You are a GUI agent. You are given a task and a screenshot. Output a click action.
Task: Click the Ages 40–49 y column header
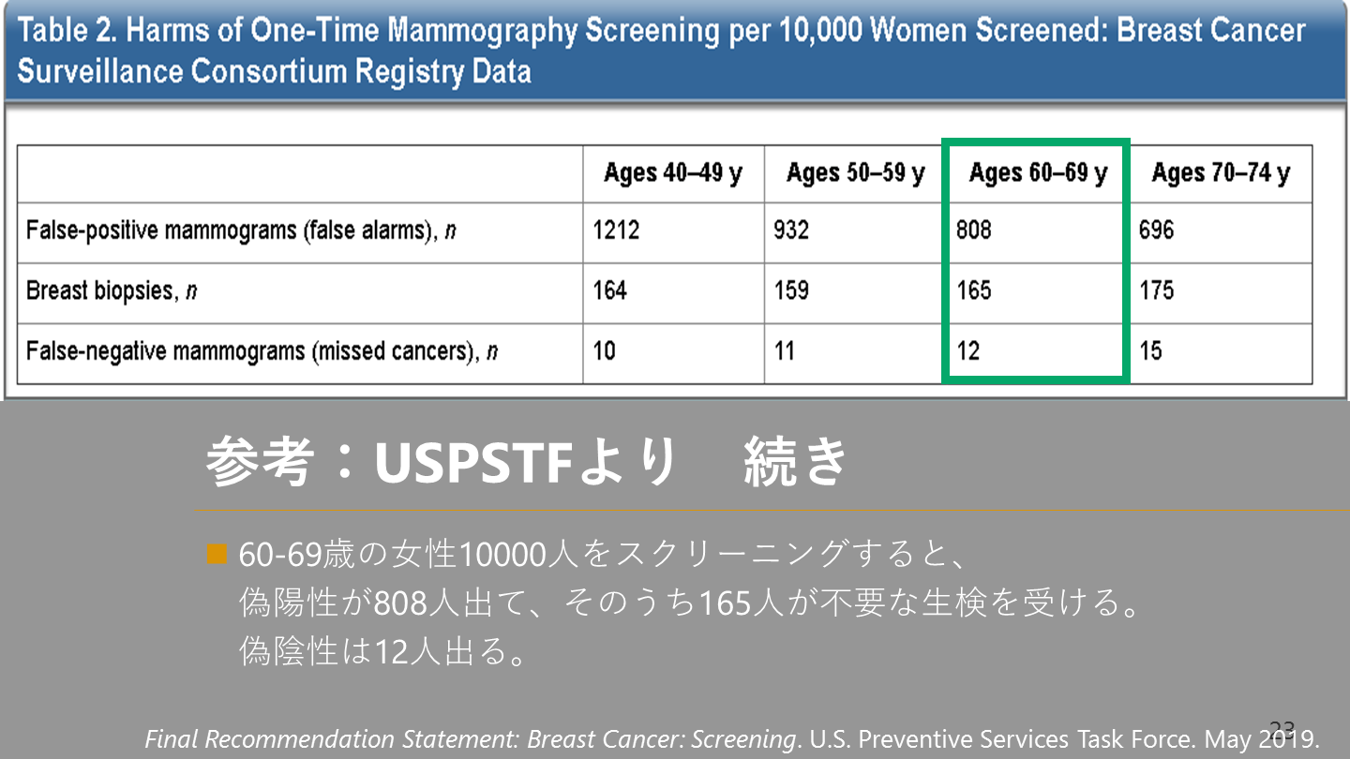coord(672,173)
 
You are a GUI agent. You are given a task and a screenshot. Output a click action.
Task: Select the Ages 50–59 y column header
coord(855,173)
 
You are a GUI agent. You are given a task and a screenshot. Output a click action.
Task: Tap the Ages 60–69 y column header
coord(1038,173)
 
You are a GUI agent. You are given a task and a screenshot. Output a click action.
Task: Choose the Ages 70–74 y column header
coord(1221,173)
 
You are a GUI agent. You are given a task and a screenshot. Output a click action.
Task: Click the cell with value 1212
coord(615,231)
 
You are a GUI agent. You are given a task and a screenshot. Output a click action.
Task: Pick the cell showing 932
coord(790,231)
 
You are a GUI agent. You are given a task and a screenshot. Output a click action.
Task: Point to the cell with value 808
coord(973,231)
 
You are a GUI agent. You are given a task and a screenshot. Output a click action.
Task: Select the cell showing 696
coord(1156,231)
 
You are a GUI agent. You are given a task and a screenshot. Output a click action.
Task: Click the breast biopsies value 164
coord(609,290)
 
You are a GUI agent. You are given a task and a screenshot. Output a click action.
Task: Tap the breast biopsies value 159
coord(791,290)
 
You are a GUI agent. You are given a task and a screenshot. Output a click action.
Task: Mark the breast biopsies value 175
coord(1156,290)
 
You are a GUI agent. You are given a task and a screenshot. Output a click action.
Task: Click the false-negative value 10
coord(604,350)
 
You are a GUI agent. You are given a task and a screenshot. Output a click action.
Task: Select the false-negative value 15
coord(1150,350)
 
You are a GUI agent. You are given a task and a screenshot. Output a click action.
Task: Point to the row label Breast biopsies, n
coord(112,290)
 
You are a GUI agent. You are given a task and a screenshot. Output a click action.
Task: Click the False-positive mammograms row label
coord(241,231)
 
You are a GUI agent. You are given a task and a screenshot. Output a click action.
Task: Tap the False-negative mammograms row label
coord(262,351)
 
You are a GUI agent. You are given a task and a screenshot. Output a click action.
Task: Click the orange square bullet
coord(217,554)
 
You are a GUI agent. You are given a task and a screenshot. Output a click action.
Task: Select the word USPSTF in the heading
coord(473,463)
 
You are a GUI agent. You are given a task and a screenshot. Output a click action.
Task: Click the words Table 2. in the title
coord(67,30)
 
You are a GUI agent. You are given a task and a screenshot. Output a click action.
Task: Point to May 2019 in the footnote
coord(1261,739)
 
